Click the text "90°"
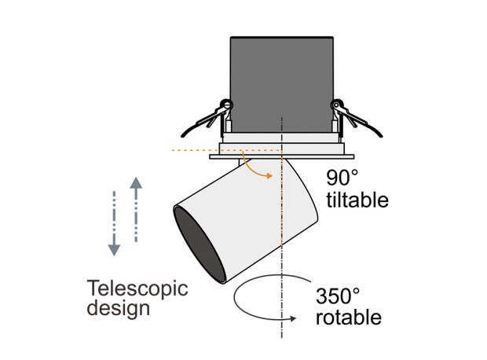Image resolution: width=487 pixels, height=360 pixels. click(x=342, y=177)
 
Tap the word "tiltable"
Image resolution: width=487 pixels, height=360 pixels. click(x=357, y=200)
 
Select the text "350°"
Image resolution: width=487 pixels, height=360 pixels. click(x=338, y=296)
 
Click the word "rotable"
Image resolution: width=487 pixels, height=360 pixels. click(x=349, y=317)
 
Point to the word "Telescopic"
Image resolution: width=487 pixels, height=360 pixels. click(x=137, y=288)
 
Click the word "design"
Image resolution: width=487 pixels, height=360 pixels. click(x=119, y=308)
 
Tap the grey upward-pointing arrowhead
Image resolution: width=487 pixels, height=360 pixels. click(x=136, y=183)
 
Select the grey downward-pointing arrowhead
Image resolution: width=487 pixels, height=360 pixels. click(x=114, y=250)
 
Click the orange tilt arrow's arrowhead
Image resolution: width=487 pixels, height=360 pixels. click(x=269, y=176)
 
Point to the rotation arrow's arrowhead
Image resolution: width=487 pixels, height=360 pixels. click(x=292, y=318)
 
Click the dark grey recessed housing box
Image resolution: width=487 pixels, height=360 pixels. click(x=282, y=85)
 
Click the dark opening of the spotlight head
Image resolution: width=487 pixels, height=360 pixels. click(x=200, y=244)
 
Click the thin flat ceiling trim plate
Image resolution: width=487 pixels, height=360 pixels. click(x=282, y=156)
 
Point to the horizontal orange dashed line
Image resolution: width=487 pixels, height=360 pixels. click(x=226, y=150)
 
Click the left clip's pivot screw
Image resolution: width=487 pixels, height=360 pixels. click(x=226, y=105)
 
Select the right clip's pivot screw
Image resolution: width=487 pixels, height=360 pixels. click(x=337, y=105)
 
